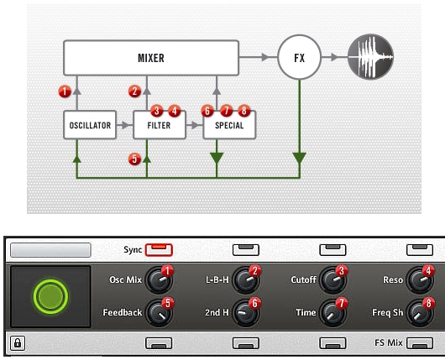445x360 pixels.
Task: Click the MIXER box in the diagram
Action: click(151, 58)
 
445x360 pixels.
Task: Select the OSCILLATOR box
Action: click(90, 125)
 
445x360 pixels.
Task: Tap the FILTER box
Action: click(160, 125)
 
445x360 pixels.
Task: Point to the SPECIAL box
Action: click(229, 125)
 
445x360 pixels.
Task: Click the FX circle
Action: click(300, 57)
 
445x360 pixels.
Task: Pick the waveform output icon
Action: click(370, 57)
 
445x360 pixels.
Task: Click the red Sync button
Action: click(159, 250)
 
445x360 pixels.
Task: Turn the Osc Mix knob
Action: click(159, 280)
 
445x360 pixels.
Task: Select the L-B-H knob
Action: click(246, 280)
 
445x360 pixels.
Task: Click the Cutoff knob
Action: click(332, 280)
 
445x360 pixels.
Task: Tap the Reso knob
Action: click(420, 280)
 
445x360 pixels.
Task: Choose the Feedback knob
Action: click(159, 313)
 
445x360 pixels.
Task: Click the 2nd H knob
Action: click(246, 313)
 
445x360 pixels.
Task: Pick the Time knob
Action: click(332, 313)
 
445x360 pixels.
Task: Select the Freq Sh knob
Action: click(420, 313)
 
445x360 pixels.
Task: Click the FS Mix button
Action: click(420, 343)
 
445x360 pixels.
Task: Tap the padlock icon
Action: click(18, 343)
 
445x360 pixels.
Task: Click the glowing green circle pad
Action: click(51, 297)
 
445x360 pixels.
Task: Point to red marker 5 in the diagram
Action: click(135, 159)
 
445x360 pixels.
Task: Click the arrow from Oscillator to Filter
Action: click(124, 125)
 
